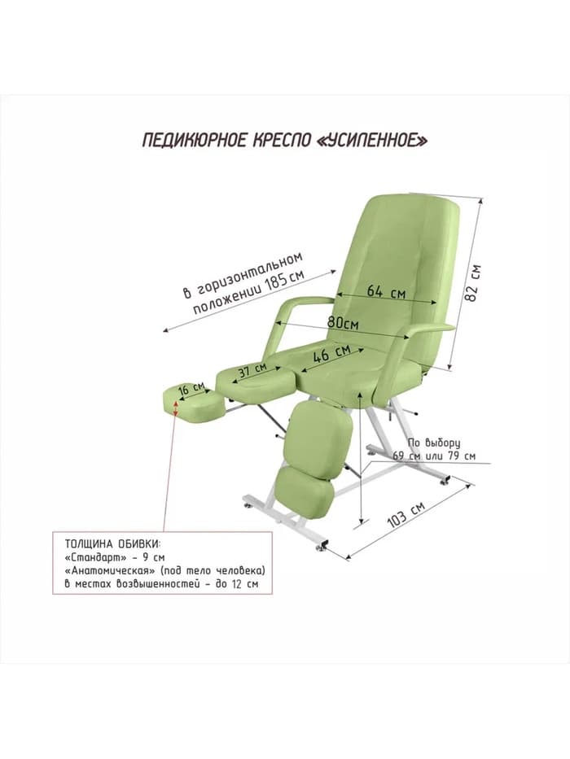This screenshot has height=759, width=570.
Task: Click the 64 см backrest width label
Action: click(386, 292)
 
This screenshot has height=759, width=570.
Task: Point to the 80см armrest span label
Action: click(343, 322)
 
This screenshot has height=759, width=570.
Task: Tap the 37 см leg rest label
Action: click(252, 370)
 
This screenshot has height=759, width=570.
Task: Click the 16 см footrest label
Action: click(191, 388)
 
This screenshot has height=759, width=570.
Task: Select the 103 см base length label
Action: click(406, 515)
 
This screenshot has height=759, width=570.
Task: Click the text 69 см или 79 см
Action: click(434, 456)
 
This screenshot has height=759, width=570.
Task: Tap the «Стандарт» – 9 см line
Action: click(115, 556)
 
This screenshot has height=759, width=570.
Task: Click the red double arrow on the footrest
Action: click(175, 406)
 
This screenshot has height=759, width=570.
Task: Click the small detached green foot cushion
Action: click(192, 401)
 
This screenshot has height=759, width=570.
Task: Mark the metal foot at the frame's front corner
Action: click(322, 548)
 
